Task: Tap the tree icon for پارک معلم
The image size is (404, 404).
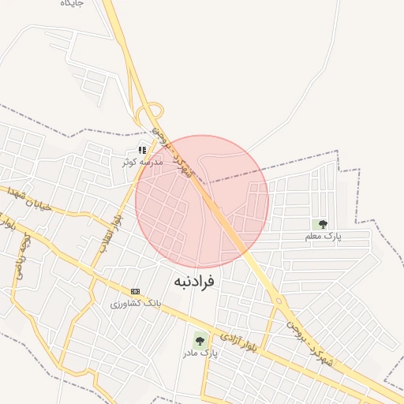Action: (x=323, y=224)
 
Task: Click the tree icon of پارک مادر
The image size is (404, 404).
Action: (x=200, y=341)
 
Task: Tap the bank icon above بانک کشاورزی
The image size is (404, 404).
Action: (x=135, y=291)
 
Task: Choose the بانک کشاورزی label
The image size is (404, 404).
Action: (x=135, y=303)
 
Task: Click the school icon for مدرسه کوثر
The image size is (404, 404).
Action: (x=142, y=150)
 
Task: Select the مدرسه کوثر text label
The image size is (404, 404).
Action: (x=141, y=162)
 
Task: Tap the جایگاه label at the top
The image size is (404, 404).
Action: (x=73, y=4)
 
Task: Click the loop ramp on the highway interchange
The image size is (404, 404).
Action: (x=152, y=114)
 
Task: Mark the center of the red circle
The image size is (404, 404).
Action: (x=202, y=201)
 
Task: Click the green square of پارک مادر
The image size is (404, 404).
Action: (x=200, y=342)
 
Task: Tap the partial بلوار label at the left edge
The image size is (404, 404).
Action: (x=7, y=222)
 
